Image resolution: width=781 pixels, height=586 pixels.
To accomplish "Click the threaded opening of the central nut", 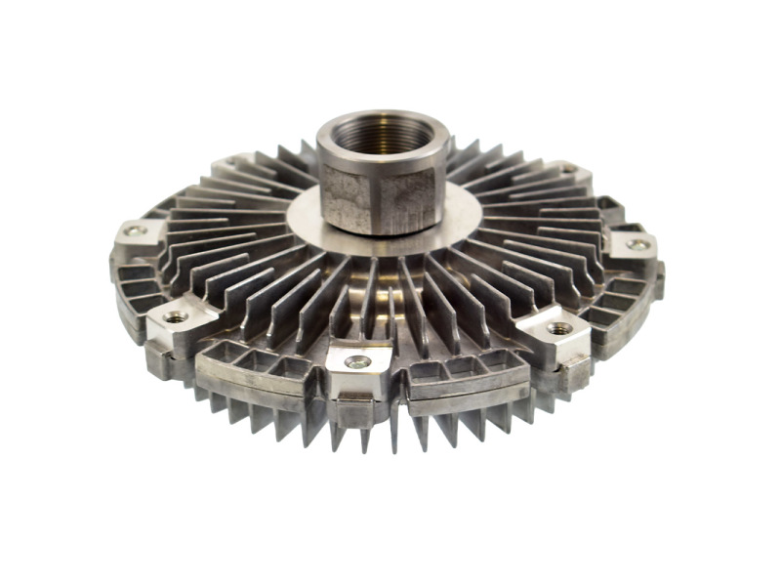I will coord(383,137).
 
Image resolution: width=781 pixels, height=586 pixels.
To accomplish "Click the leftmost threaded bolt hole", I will coord(135,232).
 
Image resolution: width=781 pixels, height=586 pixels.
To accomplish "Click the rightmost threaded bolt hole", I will coord(637,245).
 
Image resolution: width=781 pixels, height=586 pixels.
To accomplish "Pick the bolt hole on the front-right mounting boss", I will coord(559,328).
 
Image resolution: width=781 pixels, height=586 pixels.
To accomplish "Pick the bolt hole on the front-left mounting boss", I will coord(177,316).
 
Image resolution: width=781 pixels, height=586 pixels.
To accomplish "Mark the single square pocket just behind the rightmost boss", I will coord(609,209).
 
